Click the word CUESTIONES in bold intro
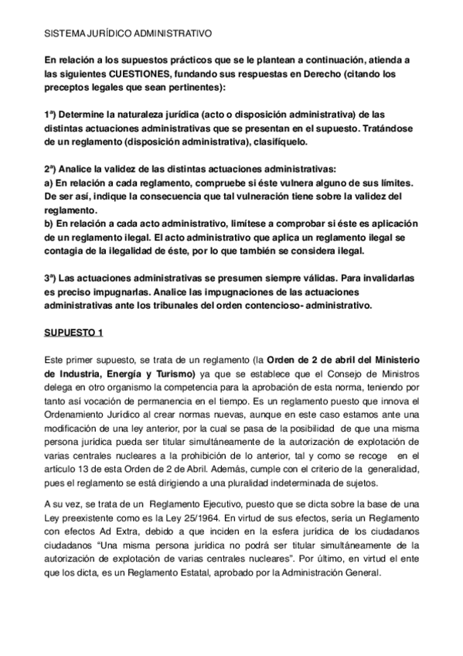[x=138, y=74]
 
